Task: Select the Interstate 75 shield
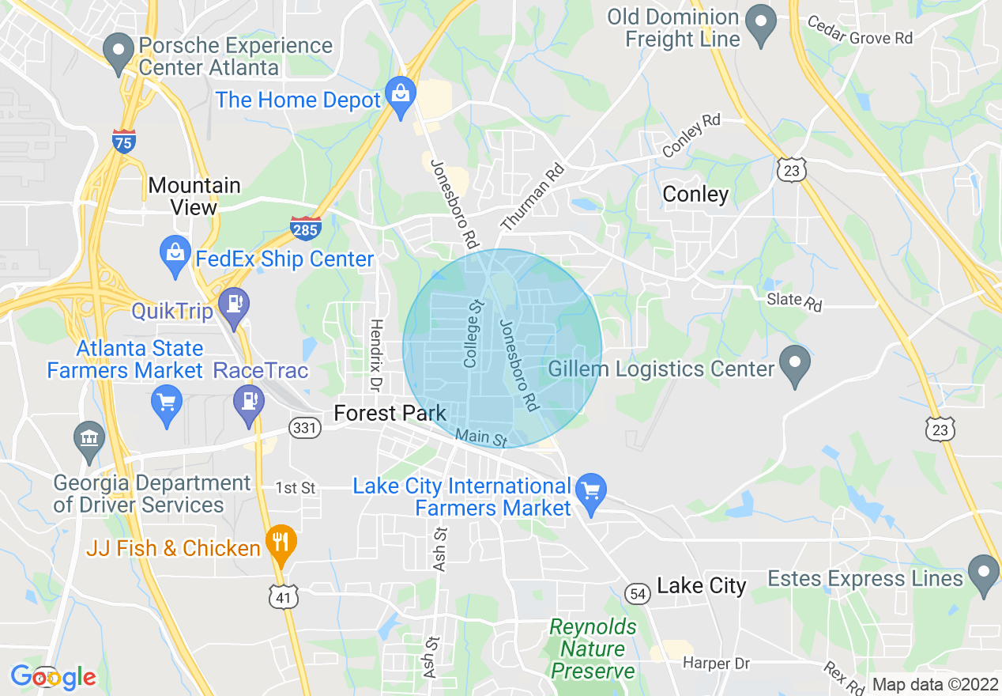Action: click(x=124, y=140)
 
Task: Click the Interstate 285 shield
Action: click(x=305, y=228)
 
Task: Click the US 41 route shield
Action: click(x=284, y=597)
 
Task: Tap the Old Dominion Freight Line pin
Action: click(x=762, y=24)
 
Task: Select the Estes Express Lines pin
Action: click(x=984, y=574)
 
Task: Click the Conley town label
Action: click(x=695, y=194)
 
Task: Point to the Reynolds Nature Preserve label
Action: click(x=593, y=649)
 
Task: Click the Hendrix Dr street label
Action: click(x=376, y=354)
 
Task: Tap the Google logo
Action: click(x=53, y=677)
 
